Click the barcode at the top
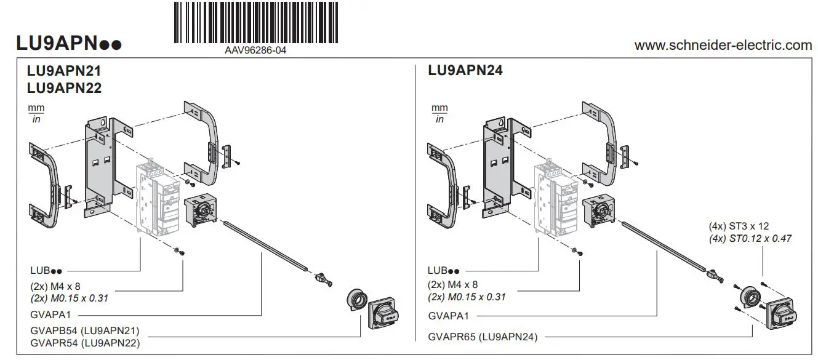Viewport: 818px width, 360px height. coord(255,23)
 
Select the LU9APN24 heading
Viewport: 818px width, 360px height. coord(465,71)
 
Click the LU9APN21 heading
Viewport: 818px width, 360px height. coord(63,71)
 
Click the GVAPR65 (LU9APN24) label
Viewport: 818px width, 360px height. coord(483,337)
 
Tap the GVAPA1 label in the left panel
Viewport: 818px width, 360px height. coord(51,314)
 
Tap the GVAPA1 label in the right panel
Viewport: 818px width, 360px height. coord(449,316)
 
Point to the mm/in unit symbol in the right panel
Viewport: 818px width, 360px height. coord(439,113)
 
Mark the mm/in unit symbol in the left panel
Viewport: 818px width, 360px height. coord(36,113)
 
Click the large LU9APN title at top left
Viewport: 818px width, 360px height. coord(68,44)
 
